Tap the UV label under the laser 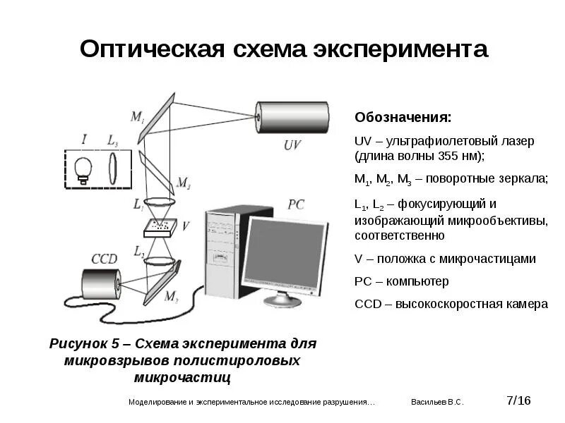click(292, 145)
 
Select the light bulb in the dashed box click(84, 169)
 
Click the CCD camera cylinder click(100, 285)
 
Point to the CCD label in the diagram click(104, 258)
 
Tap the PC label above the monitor click(297, 204)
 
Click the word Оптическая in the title click(151, 49)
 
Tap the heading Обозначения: click(403, 117)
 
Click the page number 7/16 click(518, 400)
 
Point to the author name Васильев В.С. click(437, 402)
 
